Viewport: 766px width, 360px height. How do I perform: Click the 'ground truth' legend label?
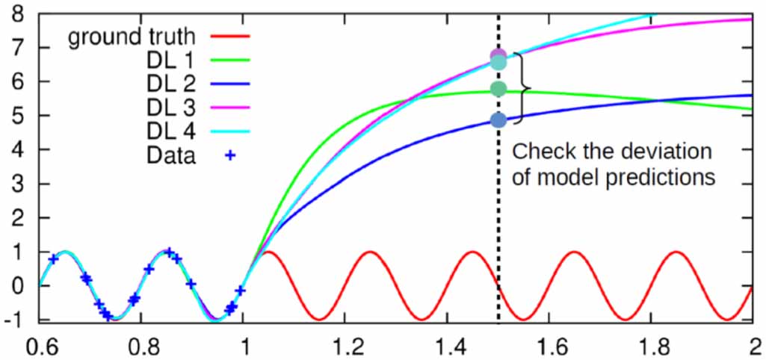click(132, 37)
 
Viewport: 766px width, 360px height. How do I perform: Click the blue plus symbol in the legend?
click(230, 156)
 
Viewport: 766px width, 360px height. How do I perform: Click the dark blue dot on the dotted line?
click(499, 120)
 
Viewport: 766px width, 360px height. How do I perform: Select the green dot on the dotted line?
click(499, 89)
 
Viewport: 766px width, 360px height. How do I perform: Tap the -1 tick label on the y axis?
click(13, 320)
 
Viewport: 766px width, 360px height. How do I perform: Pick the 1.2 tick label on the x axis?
click(344, 347)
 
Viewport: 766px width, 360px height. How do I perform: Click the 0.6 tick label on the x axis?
click(39, 347)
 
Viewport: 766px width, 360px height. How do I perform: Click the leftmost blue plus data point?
click(53, 259)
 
